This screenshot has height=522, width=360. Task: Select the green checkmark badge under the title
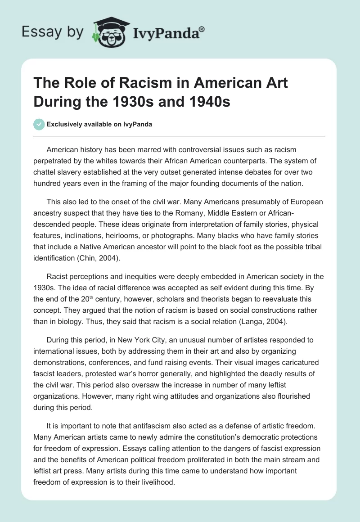tap(39, 124)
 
